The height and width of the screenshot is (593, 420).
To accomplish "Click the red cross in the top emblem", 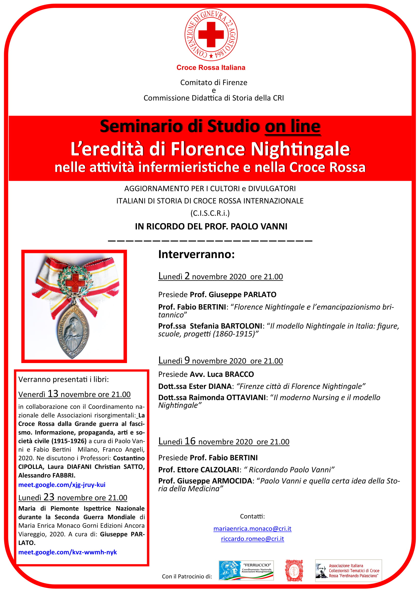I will point(211,34).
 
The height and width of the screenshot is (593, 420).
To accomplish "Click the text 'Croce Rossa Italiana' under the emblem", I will point(211,68).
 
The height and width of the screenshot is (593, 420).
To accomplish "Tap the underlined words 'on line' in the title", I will point(293,126).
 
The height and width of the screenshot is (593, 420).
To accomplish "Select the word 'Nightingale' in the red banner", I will point(300,149).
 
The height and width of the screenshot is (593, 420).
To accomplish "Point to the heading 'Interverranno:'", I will point(196,254).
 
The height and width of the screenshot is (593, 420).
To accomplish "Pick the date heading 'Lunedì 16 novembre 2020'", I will point(205,442).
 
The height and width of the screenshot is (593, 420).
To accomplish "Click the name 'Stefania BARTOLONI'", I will point(226,326).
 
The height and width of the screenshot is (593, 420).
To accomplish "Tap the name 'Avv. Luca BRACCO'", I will point(222,374).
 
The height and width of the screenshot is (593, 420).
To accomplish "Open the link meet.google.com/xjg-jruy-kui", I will point(62,485).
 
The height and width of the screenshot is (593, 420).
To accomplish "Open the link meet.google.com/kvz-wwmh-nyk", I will point(68,552).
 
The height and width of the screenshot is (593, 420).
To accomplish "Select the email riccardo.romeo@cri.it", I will point(252,539).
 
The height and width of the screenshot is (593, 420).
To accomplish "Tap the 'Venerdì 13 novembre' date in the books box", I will point(74,394).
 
